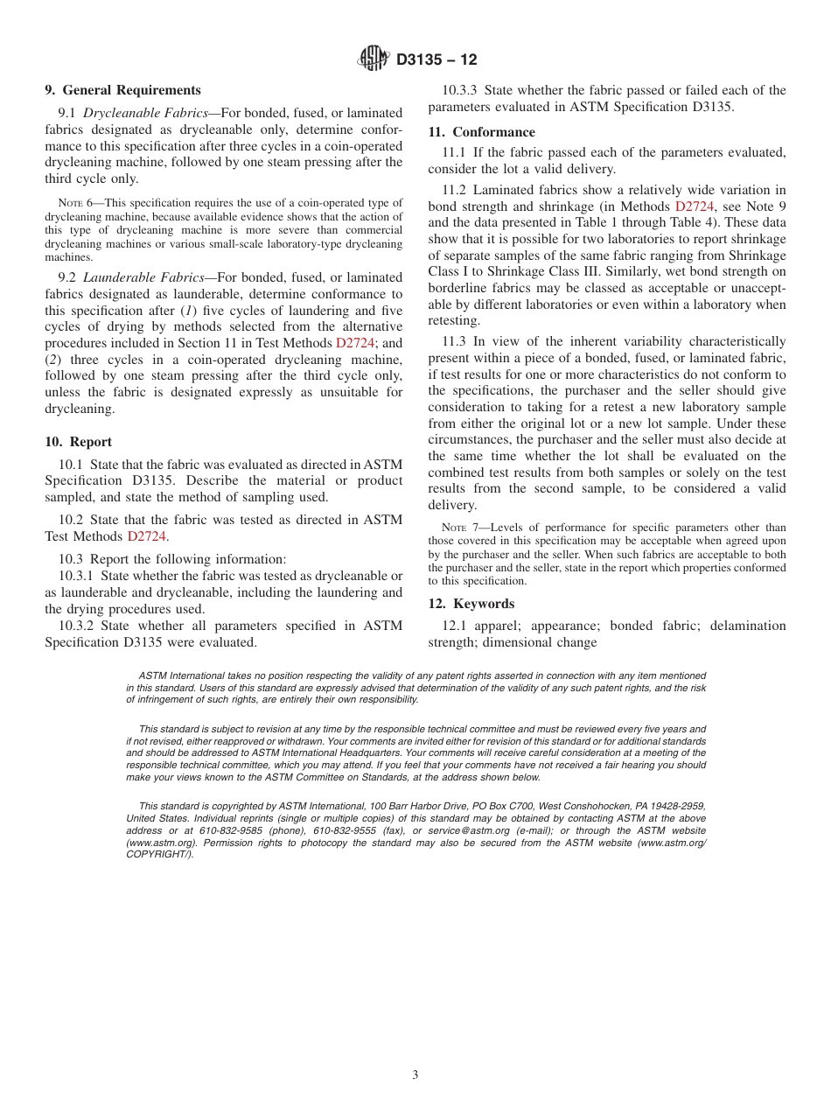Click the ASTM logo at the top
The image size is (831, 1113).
[x=373, y=59]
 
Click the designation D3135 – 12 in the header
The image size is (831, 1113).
[x=436, y=59]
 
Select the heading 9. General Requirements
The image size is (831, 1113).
[x=122, y=90]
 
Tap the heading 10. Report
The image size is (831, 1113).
[x=78, y=442]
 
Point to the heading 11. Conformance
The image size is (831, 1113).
[x=481, y=132]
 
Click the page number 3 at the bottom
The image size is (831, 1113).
[x=415, y=1075]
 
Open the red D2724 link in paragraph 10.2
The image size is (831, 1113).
[x=146, y=536]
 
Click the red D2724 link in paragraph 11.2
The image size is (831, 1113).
[x=695, y=206]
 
